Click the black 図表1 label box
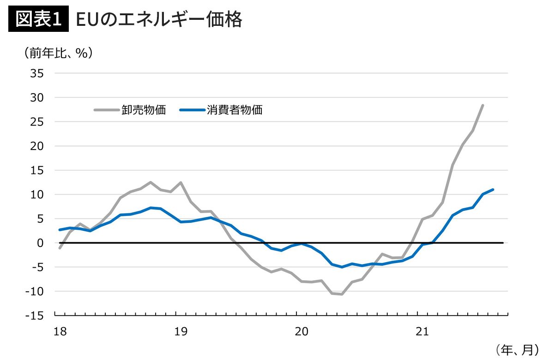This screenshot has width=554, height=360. click(38, 20)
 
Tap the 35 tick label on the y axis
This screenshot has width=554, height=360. click(37, 73)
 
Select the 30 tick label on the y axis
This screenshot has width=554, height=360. click(37, 97)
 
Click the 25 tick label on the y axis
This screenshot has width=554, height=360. click(37, 122)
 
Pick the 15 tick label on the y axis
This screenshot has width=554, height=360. click(37, 170)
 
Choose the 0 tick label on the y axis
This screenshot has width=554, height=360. click(40, 243)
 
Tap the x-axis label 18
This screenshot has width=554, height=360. click(60, 331)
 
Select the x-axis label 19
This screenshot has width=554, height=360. click(181, 331)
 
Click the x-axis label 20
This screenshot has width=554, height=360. click(301, 331)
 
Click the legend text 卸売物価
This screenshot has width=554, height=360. click(144, 110)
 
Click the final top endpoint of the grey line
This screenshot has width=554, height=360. click(482, 105)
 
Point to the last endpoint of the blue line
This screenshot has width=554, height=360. click(493, 189)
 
